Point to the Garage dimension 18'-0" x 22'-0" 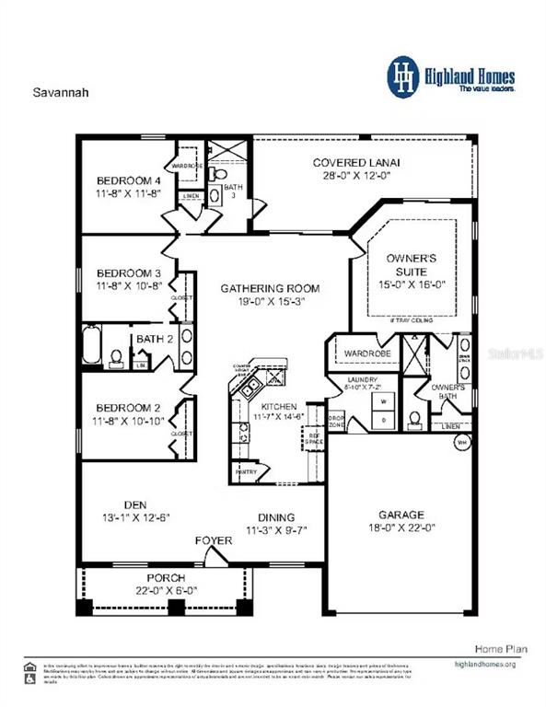pyautogui.click(x=401, y=529)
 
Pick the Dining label pyautogui.click(x=274, y=517)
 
